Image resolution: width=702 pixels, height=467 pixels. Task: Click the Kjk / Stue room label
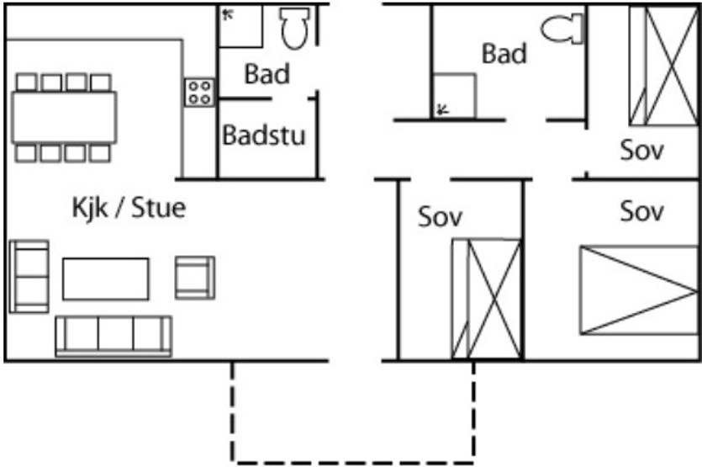[x=129, y=208]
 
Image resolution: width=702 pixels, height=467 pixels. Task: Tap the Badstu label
[x=264, y=135]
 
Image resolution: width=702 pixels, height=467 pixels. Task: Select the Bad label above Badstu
[x=267, y=74]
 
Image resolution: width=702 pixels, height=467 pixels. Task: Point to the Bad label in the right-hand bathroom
[x=504, y=54]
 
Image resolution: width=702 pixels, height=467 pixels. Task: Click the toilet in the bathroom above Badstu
[x=294, y=28]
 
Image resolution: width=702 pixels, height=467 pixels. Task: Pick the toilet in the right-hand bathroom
[x=562, y=29]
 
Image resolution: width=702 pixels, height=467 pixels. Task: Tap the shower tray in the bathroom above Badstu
[x=240, y=26]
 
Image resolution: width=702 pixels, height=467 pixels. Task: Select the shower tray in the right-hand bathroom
[x=455, y=96]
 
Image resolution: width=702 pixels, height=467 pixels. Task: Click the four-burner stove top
[x=199, y=93]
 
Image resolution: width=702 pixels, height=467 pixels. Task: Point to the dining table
[x=65, y=118]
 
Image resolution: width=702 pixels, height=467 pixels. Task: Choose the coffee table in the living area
[x=106, y=279]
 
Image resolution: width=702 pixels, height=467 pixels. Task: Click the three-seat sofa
[x=113, y=336]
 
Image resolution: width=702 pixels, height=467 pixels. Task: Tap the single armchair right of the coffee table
[x=195, y=278]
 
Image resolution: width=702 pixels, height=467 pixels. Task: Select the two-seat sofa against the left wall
[x=29, y=276]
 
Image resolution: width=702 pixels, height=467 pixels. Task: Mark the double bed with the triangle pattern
[x=639, y=290]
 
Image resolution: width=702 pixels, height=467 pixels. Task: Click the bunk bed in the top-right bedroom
[x=664, y=66]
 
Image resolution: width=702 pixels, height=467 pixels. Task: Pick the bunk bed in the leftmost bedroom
[x=487, y=299]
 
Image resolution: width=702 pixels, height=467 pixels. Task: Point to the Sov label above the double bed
[x=641, y=211]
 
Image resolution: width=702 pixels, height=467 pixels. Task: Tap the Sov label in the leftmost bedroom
[x=440, y=217]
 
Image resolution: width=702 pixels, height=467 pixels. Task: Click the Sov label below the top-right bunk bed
[x=641, y=150]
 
